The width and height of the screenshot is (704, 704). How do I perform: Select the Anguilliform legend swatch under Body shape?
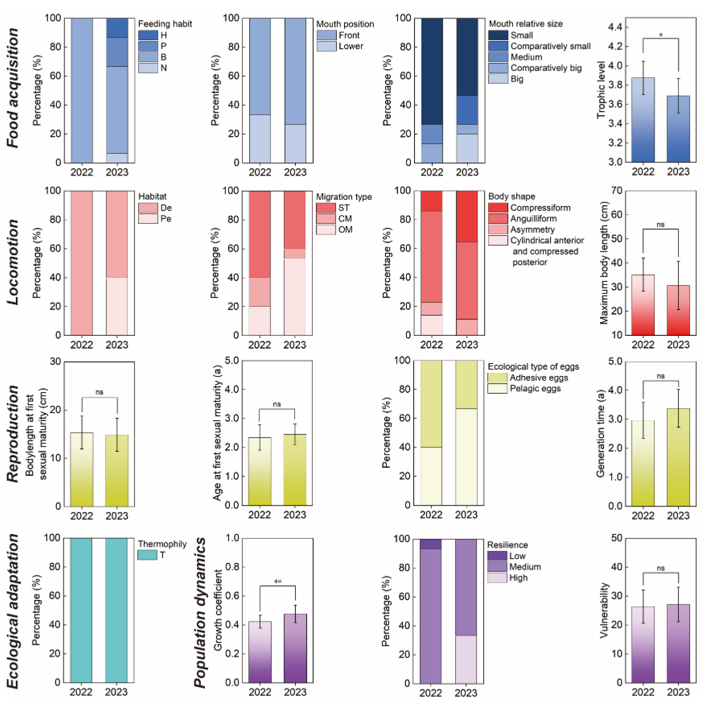click(498, 219)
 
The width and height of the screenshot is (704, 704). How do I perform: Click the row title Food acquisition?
click(13, 87)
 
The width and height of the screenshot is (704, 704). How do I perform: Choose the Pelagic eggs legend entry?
click(535, 389)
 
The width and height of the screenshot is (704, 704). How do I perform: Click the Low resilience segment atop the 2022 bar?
click(430, 544)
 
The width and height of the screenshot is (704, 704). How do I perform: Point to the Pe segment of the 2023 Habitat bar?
click(117, 306)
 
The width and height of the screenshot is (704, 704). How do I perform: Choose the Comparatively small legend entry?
click(550, 46)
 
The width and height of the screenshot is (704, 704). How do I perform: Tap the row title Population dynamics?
click(200, 612)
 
